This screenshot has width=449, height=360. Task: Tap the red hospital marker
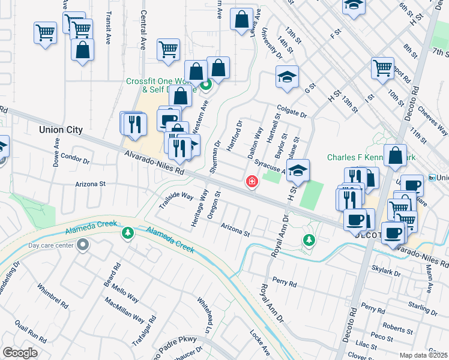point(252,181)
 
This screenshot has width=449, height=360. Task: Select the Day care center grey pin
point(83,245)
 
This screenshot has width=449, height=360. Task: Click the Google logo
point(20,353)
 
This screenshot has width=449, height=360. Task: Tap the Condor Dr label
point(75,160)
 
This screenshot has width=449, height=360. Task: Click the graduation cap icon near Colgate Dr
point(288,77)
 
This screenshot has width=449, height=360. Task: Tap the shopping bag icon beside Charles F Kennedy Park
point(396,157)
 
